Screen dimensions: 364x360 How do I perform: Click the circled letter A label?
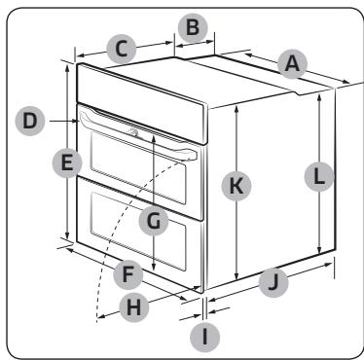(x=292, y=64)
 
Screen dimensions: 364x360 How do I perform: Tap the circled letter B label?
(x=193, y=28)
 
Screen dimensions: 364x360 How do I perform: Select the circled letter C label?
(x=122, y=50)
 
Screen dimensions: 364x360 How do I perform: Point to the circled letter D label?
(x=30, y=121)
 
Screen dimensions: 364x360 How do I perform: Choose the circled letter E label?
(x=67, y=162)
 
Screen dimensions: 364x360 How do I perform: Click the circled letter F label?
(x=128, y=274)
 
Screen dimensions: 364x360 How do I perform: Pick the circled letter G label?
(x=154, y=222)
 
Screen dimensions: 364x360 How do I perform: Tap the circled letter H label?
(x=133, y=307)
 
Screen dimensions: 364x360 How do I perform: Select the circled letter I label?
(x=204, y=337)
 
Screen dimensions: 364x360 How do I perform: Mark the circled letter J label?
(x=273, y=282)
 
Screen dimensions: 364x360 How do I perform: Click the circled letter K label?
(x=237, y=186)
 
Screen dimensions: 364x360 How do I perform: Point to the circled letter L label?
(x=319, y=177)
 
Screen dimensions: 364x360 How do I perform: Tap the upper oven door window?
(x=138, y=168)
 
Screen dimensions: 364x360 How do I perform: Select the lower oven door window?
(x=138, y=232)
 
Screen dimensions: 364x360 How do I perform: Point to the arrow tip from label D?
(x=79, y=121)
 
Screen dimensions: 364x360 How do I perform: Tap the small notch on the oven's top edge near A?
(x=298, y=93)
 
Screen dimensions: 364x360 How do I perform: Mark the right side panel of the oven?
(x=271, y=188)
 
